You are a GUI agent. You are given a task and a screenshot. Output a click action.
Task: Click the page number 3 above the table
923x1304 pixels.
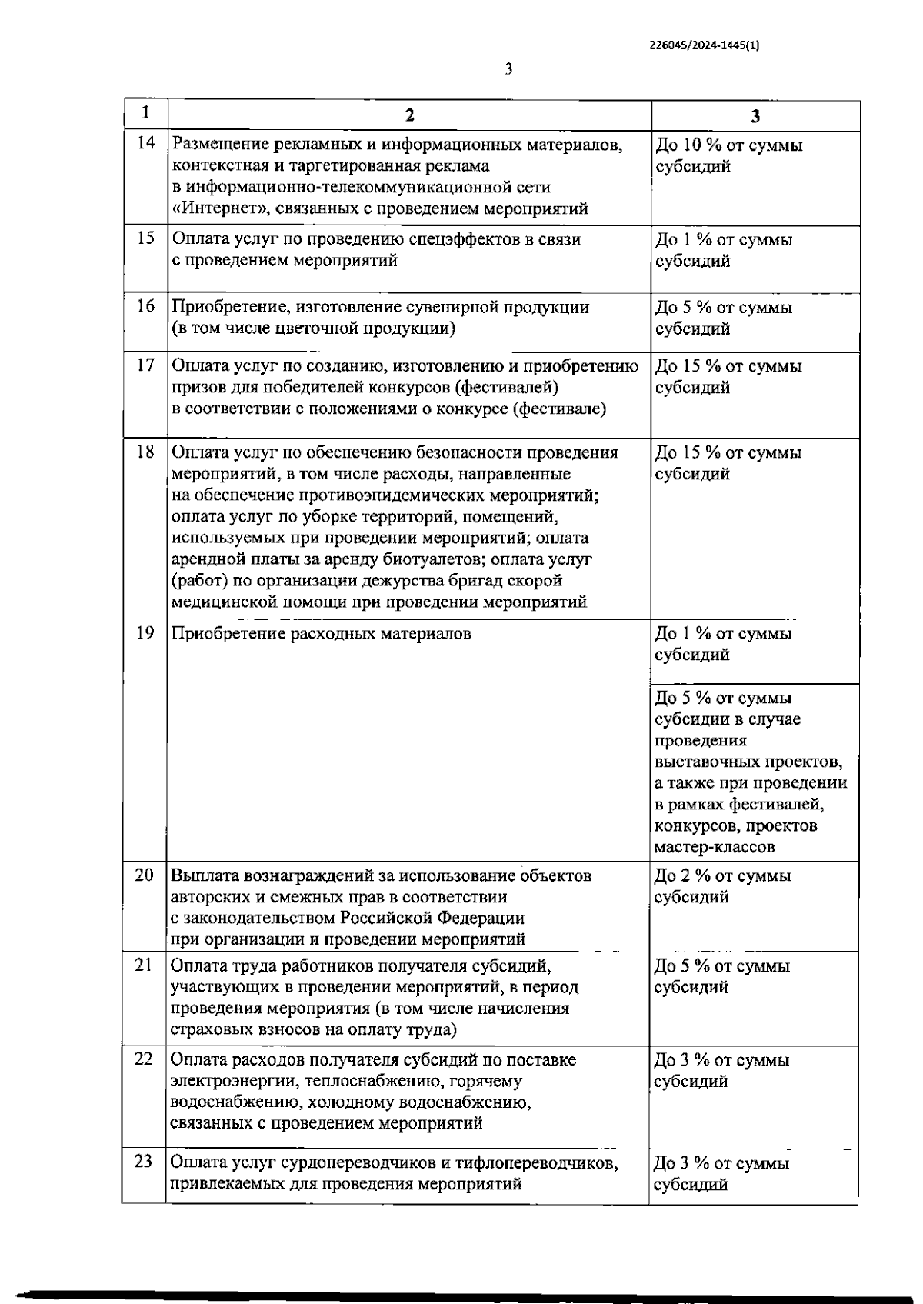point(508,70)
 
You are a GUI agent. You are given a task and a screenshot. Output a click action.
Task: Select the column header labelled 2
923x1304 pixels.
point(410,115)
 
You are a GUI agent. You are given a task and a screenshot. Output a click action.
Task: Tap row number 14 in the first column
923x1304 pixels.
point(145,143)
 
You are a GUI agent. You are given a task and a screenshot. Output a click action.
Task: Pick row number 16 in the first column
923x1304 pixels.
point(145,306)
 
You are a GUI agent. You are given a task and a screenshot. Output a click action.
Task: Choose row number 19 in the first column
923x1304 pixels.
point(145,633)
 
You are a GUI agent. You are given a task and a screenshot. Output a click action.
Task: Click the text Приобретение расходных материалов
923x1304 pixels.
point(322,634)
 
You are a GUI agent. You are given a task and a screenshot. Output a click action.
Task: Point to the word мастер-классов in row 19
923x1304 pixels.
point(715,847)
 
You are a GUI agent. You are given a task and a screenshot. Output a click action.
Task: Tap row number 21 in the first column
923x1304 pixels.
point(144,965)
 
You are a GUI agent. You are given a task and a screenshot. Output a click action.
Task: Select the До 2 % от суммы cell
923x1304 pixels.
point(722,875)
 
